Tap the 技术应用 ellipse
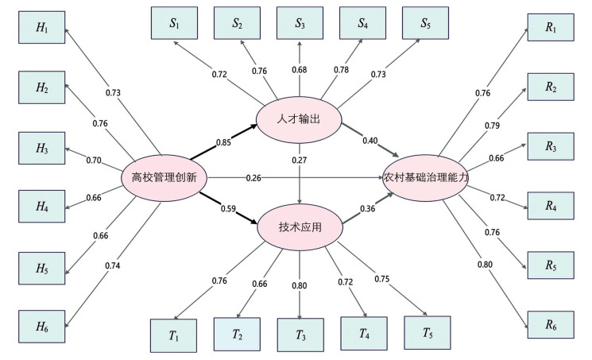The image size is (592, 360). tap(300, 226)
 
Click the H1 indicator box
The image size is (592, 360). tap(42, 29)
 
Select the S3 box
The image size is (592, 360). tap(300, 23)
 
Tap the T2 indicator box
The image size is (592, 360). tap(237, 335)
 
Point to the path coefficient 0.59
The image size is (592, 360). tap(226, 209)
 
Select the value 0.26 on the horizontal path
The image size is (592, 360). tap(253, 177)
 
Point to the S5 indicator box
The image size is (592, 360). tap(426, 23)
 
